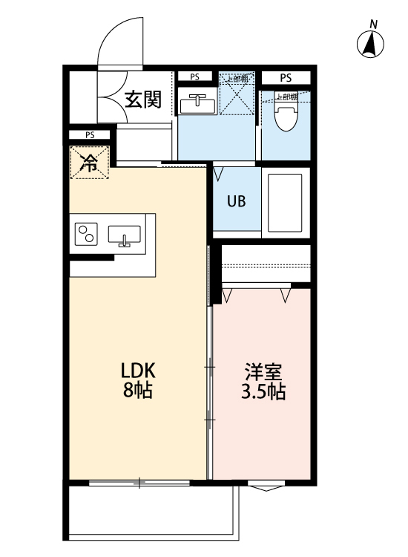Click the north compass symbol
click(x=370, y=44)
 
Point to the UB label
click(x=237, y=201)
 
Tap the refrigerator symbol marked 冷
click(x=89, y=163)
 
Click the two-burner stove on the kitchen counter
click(x=87, y=234)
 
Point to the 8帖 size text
click(x=137, y=391)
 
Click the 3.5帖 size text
click(x=263, y=391)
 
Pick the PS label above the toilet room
click(x=286, y=77)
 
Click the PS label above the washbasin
click(x=194, y=76)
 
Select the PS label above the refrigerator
click(x=89, y=135)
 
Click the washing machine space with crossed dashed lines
click(x=237, y=94)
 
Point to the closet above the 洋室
click(x=266, y=264)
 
